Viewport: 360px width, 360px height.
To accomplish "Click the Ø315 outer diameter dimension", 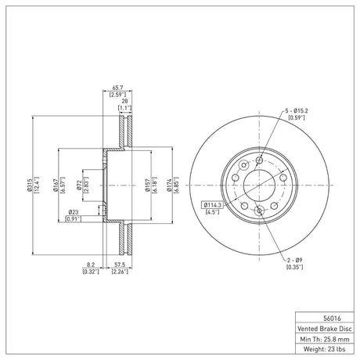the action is point(29,185).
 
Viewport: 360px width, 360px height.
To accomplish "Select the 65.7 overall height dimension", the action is point(117,88).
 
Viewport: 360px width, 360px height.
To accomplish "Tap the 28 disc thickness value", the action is point(124,102).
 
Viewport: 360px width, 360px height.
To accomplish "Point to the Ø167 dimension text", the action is point(56,185).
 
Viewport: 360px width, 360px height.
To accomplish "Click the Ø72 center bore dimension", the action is point(80,185).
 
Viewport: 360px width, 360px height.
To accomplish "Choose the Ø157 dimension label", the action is point(147,185).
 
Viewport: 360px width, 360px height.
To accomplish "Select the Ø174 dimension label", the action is point(169,185).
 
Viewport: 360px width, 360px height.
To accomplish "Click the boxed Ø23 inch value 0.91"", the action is point(73,219).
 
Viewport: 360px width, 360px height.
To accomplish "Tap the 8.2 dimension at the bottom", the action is point(91,265).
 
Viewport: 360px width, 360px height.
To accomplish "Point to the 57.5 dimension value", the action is point(120,265).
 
